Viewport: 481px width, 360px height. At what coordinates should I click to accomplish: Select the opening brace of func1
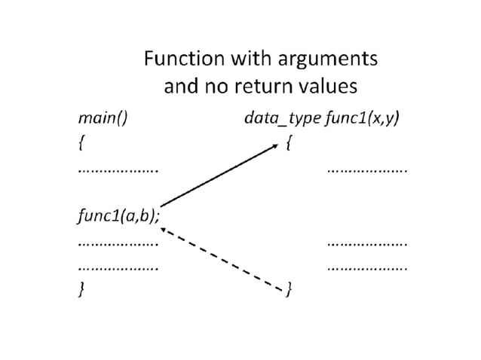tap(290, 143)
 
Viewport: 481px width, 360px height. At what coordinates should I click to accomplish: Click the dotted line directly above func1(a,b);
tap(118, 172)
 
